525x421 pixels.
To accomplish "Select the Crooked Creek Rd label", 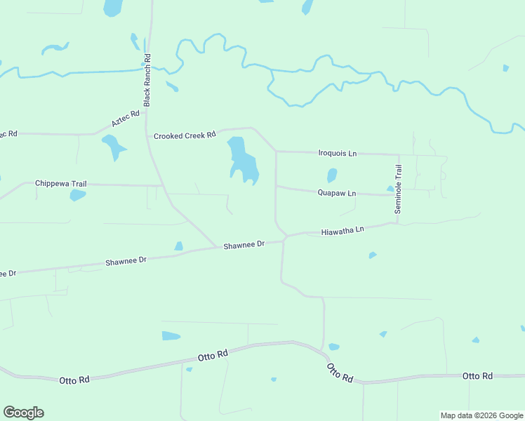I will click(185, 135).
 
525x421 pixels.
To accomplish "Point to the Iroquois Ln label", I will click(338, 153).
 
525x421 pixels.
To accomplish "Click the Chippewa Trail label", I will click(61, 184).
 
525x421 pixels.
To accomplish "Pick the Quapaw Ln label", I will click(337, 193).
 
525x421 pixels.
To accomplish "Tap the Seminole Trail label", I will click(398, 189).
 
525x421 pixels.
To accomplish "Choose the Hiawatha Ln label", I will click(343, 230).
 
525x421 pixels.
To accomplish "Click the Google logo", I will click(23, 413).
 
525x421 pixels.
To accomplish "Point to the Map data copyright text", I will click(481, 415).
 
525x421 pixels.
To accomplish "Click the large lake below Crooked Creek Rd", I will click(241, 160).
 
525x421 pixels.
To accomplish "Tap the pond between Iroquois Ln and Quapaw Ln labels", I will click(332, 175).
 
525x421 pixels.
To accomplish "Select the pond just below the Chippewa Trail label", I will click(77, 195).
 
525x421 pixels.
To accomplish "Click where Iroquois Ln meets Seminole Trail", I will click(399, 154).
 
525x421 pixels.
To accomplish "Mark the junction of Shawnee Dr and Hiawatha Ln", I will click(284, 239).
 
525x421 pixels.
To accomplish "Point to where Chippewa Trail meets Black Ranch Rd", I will click(163, 186).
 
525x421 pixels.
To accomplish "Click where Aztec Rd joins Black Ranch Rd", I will click(147, 109).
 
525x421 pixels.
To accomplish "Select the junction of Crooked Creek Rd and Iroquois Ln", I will click(275, 151).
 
